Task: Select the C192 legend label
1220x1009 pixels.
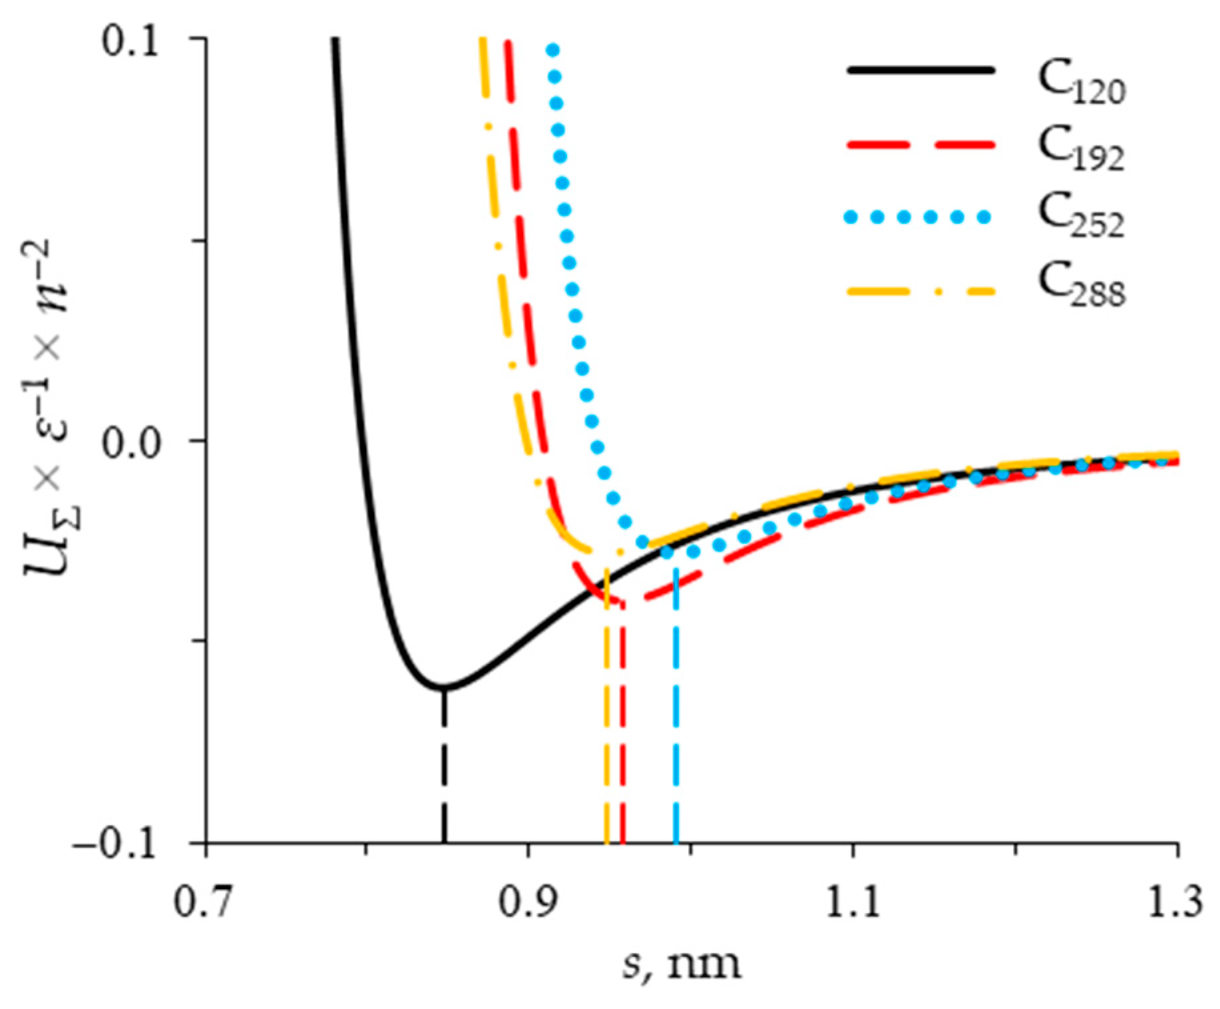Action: tap(1081, 151)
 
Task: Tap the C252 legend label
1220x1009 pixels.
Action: tap(1081, 217)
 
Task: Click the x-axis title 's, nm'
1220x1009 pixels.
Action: tap(682, 964)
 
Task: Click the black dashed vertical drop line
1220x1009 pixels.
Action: tap(444, 766)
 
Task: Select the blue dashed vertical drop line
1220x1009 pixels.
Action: tap(676, 706)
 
